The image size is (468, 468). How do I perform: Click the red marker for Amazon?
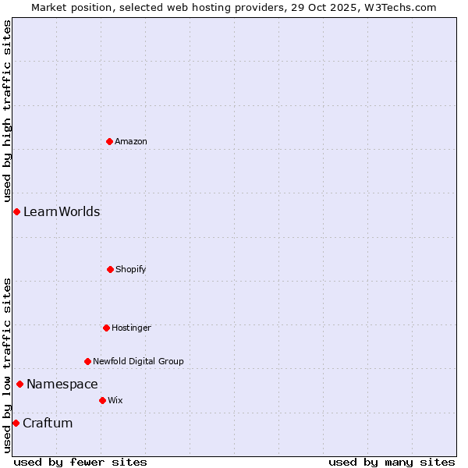pyautogui.click(x=109, y=141)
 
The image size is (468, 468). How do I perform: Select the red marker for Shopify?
pyautogui.click(x=110, y=269)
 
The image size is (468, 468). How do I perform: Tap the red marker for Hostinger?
pyautogui.click(x=106, y=328)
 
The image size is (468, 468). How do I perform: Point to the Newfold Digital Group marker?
pyautogui.click(x=87, y=361)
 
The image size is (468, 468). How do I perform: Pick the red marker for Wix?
pyautogui.click(x=102, y=400)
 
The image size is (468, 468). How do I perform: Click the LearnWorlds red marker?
pyautogui.click(x=16, y=211)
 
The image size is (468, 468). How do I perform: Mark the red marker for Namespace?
pyautogui.click(x=19, y=384)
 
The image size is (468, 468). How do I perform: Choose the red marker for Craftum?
pyautogui.click(x=16, y=423)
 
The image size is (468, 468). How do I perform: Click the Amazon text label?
pyautogui.click(x=131, y=141)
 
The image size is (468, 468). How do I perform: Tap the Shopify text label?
pyautogui.click(x=131, y=269)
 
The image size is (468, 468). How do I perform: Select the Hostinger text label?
pyautogui.click(x=131, y=328)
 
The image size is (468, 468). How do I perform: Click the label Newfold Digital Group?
pyautogui.click(x=138, y=361)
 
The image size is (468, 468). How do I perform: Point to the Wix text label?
pyautogui.click(x=115, y=400)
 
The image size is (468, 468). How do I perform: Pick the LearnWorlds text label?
pyautogui.click(x=62, y=211)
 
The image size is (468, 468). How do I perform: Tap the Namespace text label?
pyautogui.click(x=62, y=384)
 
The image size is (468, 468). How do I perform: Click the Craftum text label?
pyautogui.click(x=48, y=423)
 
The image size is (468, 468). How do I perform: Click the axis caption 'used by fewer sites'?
pyautogui.click(x=80, y=462)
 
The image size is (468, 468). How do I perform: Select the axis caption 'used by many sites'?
pyautogui.click(x=392, y=462)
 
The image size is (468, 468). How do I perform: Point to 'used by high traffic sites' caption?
pyautogui.click(x=7, y=111)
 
